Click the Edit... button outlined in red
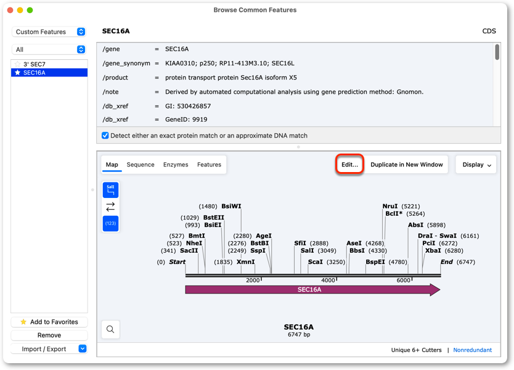[x=349, y=164]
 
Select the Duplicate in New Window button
[x=407, y=164]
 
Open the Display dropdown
[x=476, y=164]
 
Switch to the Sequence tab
[x=141, y=164]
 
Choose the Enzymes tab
[x=176, y=164]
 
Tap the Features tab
[x=209, y=164]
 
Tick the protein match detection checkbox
[x=105, y=136]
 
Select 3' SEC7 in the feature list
[x=34, y=64]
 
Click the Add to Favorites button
[x=49, y=322]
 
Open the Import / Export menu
[x=49, y=348]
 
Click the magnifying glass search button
[x=110, y=329]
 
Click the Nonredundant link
[x=472, y=350]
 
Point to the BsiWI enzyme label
[x=231, y=206]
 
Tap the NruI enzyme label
[x=390, y=206]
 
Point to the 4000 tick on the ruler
[x=328, y=280]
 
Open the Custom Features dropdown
[x=49, y=31]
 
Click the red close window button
[x=10, y=10]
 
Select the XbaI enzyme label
[x=433, y=250]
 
